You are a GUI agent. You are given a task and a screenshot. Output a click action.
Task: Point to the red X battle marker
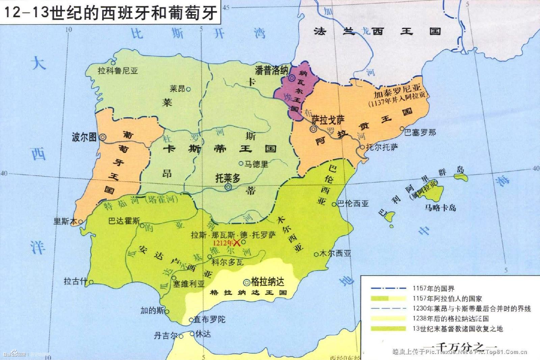237,242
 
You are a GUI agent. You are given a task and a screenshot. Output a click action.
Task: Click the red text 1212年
223,243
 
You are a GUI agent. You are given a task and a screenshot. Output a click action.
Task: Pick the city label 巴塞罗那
420,132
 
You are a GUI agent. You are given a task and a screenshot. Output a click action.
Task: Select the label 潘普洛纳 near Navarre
271,71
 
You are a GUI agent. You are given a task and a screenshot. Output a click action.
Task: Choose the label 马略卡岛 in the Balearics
440,208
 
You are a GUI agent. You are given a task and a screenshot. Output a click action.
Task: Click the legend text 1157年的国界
433,288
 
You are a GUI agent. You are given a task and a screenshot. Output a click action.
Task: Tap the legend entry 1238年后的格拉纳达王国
450,318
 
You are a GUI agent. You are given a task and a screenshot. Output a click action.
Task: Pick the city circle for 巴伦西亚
334,204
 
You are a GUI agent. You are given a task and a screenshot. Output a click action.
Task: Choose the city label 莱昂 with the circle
178,89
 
